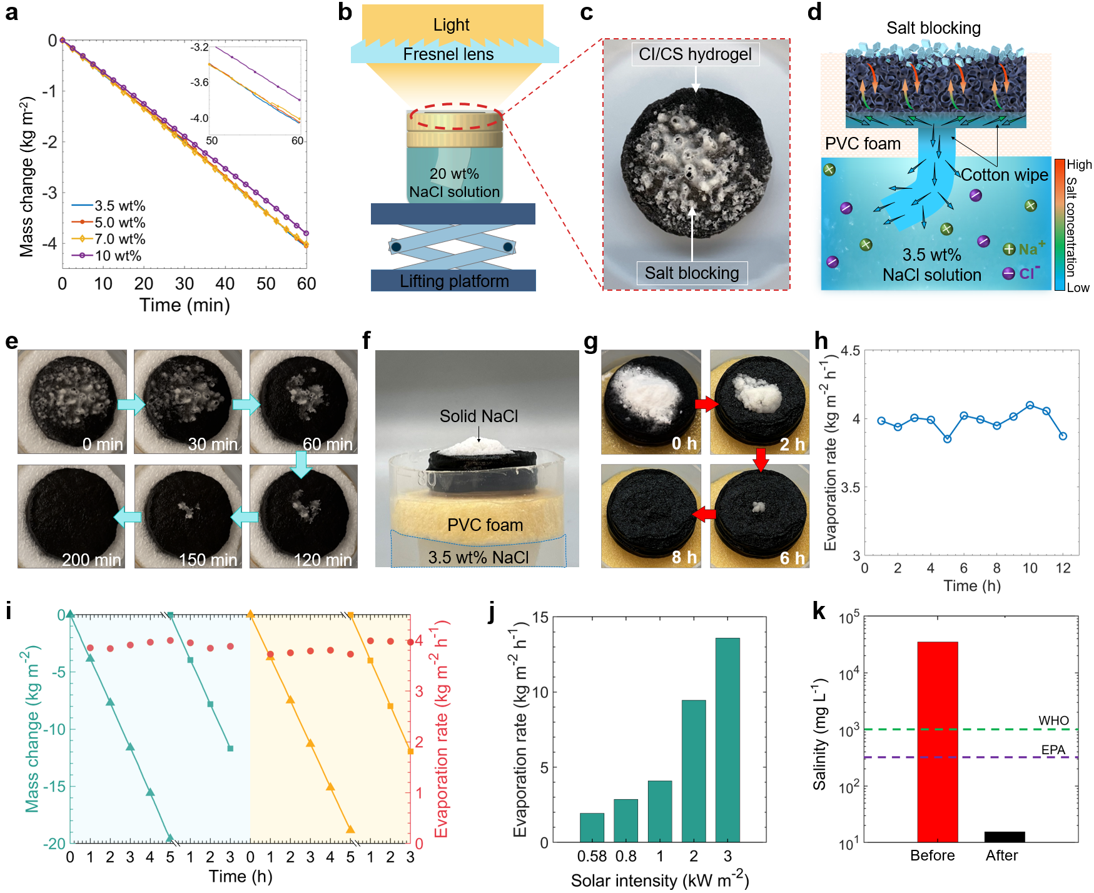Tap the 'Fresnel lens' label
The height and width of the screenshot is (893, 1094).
click(x=448, y=54)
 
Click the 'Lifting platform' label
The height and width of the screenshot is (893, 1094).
click(x=454, y=281)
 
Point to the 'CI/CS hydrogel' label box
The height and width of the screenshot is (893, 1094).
click(x=695, y=54)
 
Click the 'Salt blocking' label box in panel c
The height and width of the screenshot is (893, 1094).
click(x=692, y=273)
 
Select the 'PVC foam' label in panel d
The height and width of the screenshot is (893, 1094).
click(x=863, y=144)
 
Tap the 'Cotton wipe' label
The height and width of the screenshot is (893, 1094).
click(x=1004, y=175)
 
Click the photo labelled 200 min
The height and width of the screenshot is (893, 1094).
click(x=71, y=517)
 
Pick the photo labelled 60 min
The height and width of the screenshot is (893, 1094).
click(x=303, y=401)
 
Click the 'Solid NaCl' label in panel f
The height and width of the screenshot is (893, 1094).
click(x=479, y=416)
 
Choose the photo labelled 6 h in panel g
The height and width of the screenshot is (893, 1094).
click(x=759, y=517)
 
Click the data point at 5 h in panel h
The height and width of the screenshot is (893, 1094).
click(x=947, y=439)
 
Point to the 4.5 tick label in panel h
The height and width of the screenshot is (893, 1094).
click(x=850, y=351)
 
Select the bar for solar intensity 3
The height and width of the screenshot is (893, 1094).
click(x=727, y=740)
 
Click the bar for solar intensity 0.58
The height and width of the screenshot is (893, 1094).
click(x=592, y=827)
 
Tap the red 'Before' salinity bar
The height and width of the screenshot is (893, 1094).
click(x=937, y=742)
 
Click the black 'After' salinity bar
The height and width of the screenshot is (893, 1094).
click(x=1005, y=837)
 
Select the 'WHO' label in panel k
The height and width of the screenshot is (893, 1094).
click(x=1053, y=721)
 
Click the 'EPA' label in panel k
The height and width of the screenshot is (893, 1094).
click(x=1053, y=750)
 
